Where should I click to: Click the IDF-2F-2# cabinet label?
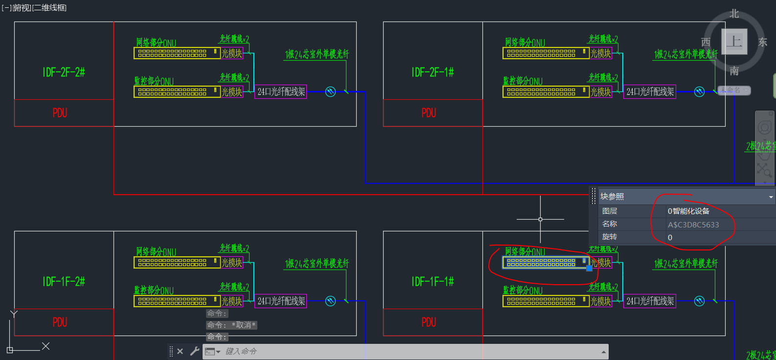(64, 72)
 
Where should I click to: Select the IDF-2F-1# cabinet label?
(433, 72)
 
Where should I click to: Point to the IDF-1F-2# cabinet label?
(64, 282)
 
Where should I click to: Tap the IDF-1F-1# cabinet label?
(433, 282)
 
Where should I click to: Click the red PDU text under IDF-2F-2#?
(60, 113)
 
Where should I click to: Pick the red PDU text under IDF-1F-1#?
(429, 322)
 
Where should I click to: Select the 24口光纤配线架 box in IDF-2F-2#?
(281, 91)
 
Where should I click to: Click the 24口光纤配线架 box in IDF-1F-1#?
(650, 301)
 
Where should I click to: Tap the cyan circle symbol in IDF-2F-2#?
(331, 91)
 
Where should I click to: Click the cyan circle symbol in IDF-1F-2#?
(331, 301)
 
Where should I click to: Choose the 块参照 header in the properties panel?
(613, 197)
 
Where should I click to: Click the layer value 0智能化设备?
(688, 211)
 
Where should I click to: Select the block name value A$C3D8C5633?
(693, 225)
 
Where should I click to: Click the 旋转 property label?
(610, 237)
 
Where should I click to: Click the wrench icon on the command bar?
(195, 351)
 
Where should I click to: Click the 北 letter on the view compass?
(734, 14)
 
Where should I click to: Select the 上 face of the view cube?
(734, 42)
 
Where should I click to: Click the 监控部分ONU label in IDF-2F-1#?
(523, 81)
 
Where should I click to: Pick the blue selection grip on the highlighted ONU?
(589, 268)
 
